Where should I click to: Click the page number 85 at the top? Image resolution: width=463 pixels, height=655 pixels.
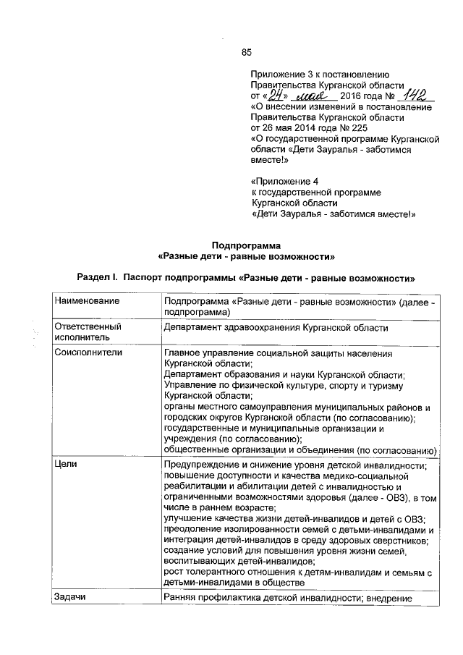(x=245, y=51)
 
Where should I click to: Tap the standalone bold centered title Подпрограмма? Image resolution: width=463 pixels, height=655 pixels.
(x=245, y=245)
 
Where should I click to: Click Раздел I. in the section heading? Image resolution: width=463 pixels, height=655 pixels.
(x=98, y=276)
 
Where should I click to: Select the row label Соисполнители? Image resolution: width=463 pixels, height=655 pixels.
(x=89, y=352)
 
